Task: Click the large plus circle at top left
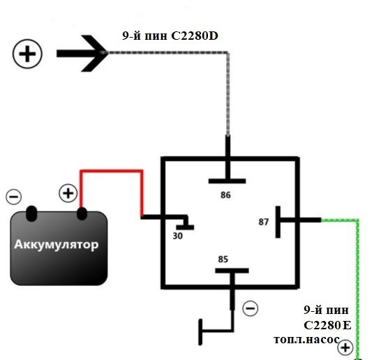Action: [27, 54]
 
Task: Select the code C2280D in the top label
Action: [195, 36]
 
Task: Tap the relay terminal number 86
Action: [225, 195]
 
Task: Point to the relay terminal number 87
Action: [263, 222]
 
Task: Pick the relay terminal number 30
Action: [178, 236]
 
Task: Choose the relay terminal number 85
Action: [223, 260]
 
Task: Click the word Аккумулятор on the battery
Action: [57, 244]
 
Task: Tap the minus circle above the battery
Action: [14, 197]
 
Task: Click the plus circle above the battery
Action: [68, 193]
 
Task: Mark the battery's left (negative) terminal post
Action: [31, 213]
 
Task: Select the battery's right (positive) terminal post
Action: [82, 213]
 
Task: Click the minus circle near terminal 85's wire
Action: [251, 308]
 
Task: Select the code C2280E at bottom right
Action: [327, 325]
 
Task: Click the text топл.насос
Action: [306, 339]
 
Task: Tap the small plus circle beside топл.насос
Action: [345, 347]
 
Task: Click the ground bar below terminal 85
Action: [200, 332]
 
